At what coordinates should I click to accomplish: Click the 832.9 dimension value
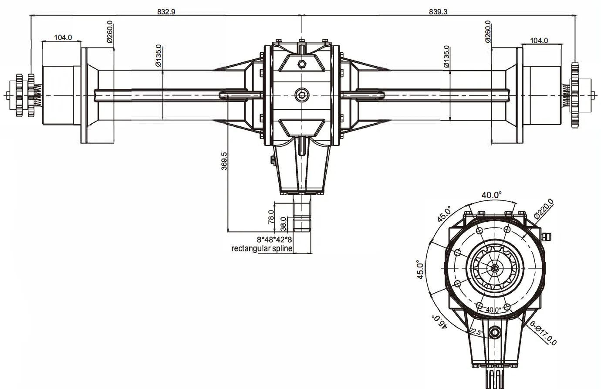166,12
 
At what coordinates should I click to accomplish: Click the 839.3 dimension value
438,12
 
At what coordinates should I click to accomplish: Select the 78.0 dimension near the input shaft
271,215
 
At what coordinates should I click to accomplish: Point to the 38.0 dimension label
284,223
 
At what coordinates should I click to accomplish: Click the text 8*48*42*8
274,240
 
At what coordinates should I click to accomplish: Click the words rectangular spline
262,249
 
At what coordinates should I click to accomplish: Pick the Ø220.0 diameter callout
544,209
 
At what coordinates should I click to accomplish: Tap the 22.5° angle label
476,332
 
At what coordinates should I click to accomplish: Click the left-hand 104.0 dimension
63,38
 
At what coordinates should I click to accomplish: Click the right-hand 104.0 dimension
539,41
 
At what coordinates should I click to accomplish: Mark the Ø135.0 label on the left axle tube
159,55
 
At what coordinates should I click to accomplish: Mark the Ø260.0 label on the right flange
488,32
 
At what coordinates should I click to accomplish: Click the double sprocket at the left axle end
25,95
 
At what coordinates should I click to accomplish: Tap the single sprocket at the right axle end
575,95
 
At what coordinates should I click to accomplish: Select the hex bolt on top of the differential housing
301,64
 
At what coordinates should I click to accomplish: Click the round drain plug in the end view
495,333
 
